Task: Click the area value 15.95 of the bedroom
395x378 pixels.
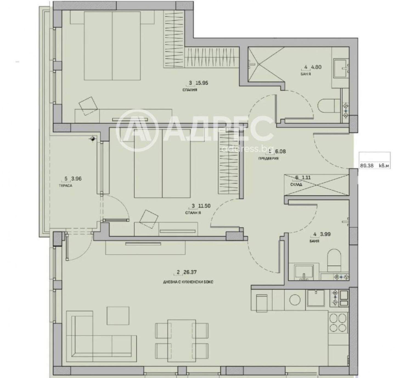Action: (x=202, y=83)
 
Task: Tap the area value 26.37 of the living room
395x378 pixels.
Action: (x=190, y=272)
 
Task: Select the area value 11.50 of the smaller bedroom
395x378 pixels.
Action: (x=204, y=206)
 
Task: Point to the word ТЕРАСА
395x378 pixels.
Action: (x=66, y=186)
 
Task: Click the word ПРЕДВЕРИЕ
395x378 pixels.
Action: (x=268, y=158)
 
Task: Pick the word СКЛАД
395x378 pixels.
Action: (x=296, y=185)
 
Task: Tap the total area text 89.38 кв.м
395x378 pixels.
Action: (x=374, y=166)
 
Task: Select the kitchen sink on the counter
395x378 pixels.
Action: (x=316, y=298)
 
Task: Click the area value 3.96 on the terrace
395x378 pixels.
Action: (x=76, y=179)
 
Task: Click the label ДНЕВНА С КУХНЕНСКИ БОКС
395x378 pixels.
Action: (x=188, y=282)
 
